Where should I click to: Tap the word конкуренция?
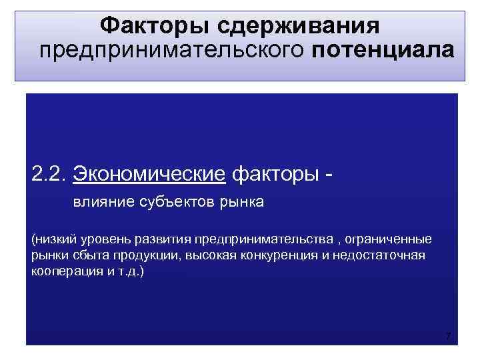point(250,256)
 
